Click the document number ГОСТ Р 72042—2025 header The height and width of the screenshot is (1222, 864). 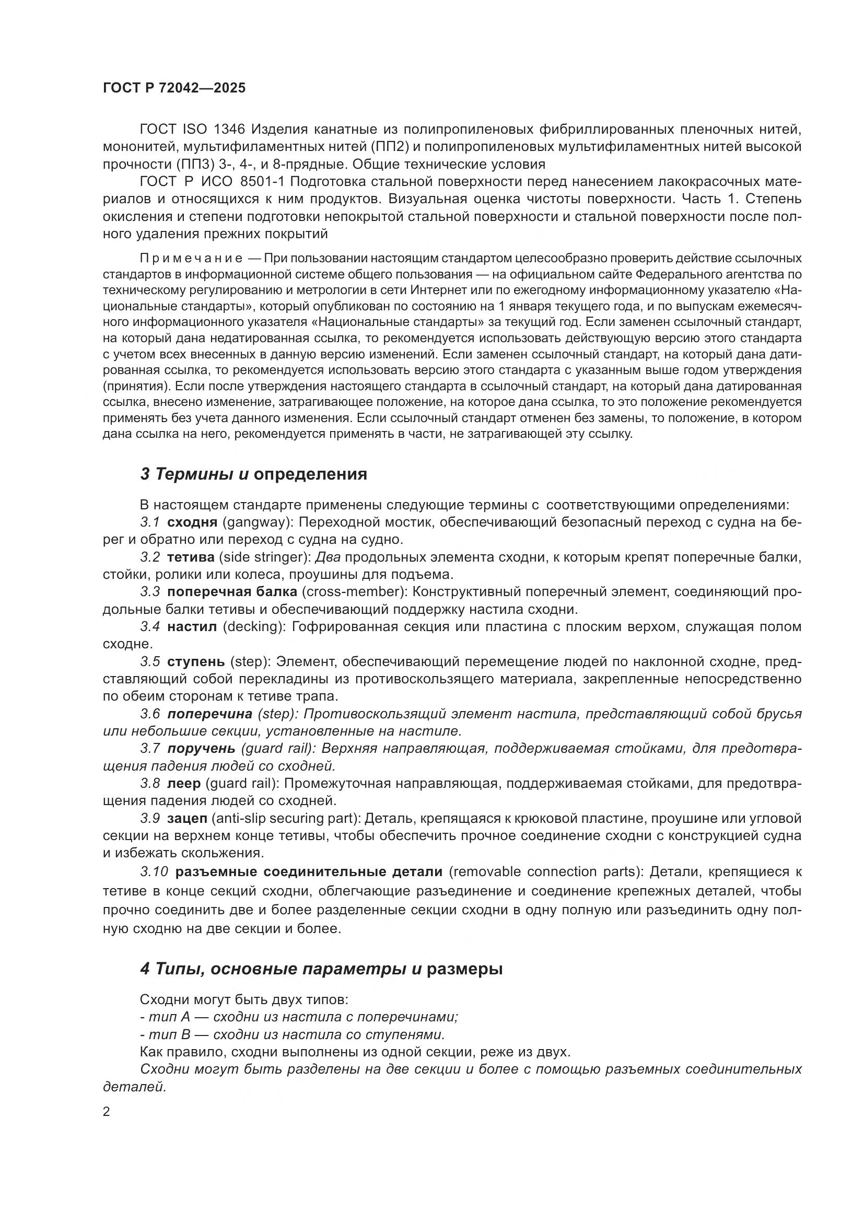point(174,88)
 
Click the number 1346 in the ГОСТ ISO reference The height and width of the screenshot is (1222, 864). point(229,130)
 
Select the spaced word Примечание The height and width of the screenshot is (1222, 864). point(191,259)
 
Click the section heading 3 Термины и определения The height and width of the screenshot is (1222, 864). point(253,474)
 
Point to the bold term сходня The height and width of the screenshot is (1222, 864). point(192,522)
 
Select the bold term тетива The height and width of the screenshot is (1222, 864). point(191,557)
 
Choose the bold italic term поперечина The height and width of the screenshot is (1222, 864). point(209,714)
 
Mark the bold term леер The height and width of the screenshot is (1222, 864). point(183,784)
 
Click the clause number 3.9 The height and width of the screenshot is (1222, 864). point(150,819)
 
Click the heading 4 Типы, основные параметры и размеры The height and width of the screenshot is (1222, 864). point(321,969)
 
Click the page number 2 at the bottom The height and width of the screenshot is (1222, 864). point(107,1112)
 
